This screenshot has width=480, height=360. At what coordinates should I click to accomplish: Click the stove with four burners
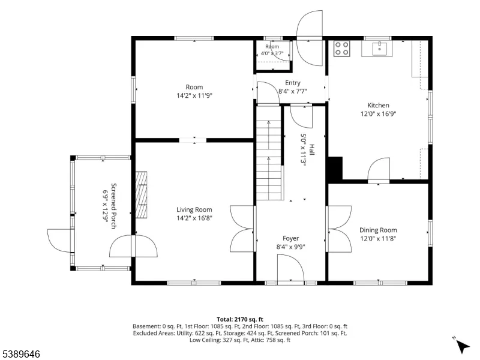(x=341, y=49)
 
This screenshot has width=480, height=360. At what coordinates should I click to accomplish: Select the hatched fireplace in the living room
(x=141, y=194)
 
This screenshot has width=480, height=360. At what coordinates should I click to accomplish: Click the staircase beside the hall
(x=268, y=152)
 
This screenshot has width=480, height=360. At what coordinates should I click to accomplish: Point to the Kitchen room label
(x=379, y=106)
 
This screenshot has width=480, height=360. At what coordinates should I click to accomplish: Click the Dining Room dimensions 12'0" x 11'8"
(x=378, y=238)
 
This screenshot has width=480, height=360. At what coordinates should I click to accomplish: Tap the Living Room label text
(x=194, y=209)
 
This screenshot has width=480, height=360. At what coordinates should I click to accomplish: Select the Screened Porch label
(x=113, y=206)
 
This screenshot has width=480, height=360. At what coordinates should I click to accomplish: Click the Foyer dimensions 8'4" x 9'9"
(x=291, y=247)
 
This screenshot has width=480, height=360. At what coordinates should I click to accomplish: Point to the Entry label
(x=293, y=83)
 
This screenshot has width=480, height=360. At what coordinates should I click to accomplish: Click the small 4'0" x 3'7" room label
(x=272, y=53)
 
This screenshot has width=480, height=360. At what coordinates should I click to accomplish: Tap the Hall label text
(x=311, y=149)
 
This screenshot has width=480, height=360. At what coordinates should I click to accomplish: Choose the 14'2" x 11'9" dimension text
(x=194, y=95)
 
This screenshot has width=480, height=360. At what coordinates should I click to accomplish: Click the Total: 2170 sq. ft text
(x=240, y=320)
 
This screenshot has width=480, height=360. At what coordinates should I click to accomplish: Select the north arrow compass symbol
(x=461, y=345)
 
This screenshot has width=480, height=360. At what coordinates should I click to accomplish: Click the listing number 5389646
(x=20, y=354)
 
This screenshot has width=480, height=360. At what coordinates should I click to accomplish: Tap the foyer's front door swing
(x=290, y=267)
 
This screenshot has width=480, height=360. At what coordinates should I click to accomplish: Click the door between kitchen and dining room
(x=379, y=170)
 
